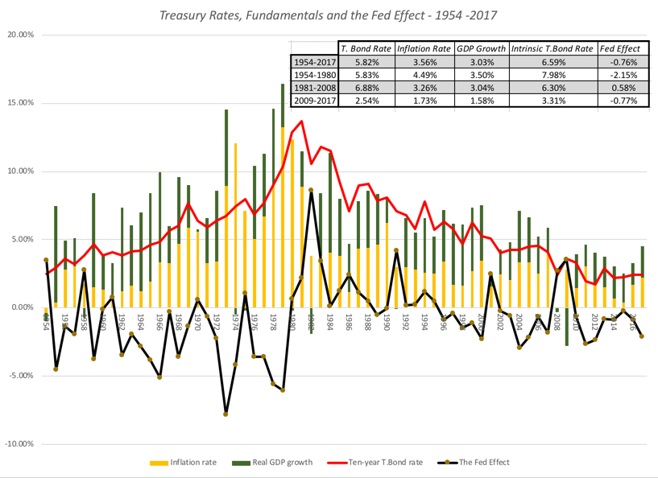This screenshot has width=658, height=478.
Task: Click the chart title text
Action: pyautogui.click(x=329, y=14)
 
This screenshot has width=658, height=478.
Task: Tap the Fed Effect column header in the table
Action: pyautogui.click(x=622, y=48)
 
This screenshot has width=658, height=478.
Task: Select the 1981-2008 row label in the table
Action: pyautogui.click(x=314, y=87)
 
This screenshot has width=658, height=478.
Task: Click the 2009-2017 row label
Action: pyautogui.click(x=314, y=101)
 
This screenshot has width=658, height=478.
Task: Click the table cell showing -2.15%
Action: pyautogui.click(x=622, y=74)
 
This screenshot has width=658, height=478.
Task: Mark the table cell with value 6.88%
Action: pyautogui.click(x=367, y=87)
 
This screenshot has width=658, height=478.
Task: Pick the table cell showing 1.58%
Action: pyautogui.click(x=482, y=101)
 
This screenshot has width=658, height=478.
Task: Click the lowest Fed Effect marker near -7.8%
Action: pyautogui.click(x=226, y=414)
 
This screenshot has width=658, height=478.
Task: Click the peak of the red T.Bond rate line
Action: pyautogui.click(x=301, y=122)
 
